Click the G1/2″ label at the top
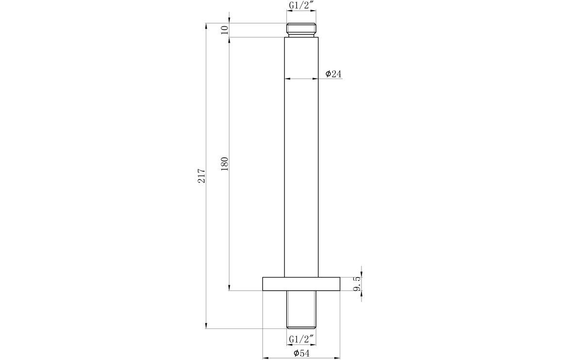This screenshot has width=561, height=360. [x=301, y=5]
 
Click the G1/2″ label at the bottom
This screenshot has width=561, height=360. [x=301, y=339]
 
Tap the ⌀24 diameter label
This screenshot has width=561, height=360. [x=333, y=74]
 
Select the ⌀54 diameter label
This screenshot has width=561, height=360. [x=301, y=354]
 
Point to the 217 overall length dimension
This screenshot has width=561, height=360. [x=202, y=176]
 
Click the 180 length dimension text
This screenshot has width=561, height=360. [x=225, y=164]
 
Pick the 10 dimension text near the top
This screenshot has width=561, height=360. [x=225, y=30]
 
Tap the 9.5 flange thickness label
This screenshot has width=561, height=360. [x=357, y=283]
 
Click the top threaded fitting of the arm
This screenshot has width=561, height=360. [x=301, y=30]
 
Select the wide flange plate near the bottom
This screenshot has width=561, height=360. [x=301, y=284]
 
